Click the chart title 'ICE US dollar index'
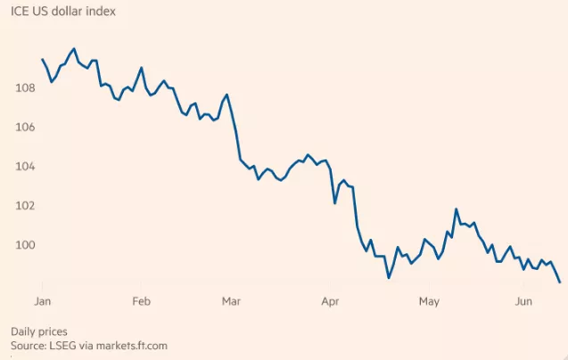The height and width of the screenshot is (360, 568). [62, 12]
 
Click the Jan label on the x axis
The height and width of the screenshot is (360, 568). [42, 301]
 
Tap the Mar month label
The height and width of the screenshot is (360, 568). [232, 301]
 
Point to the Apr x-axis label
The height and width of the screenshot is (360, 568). [331, 301]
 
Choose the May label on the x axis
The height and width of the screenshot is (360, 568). [429, 301]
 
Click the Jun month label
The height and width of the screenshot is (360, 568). [524, 301]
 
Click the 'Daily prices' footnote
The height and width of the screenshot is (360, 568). [38, 331]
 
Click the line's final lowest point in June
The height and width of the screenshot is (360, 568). [559, 282]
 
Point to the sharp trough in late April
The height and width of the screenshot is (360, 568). [389, 278]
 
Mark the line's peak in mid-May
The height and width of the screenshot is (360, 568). [456, 209]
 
